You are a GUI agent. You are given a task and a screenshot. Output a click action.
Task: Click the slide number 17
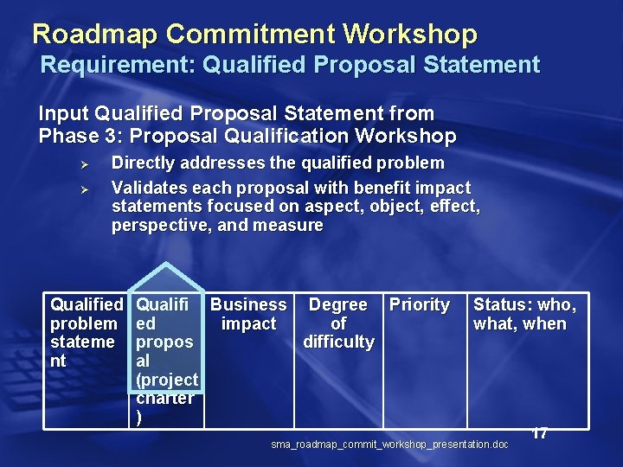(539, 433)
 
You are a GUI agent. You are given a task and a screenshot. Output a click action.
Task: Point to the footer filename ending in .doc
(389, 445)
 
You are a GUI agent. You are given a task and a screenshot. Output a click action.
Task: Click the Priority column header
(420, 305)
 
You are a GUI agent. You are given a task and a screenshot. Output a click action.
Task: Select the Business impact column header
(248, 314)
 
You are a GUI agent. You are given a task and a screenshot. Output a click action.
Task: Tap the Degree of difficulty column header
(338, 323)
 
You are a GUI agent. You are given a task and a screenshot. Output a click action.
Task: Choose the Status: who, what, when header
(524, 314)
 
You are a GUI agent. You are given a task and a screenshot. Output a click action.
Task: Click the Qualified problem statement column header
(86, 333)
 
